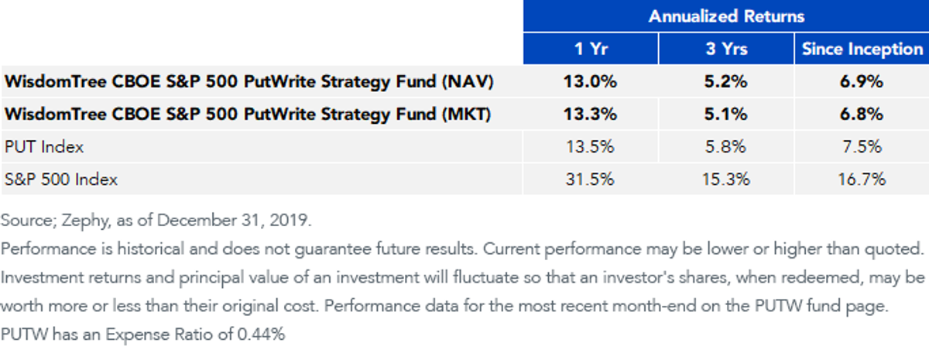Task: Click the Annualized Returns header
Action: click(726, 16)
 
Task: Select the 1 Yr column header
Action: click(591, 49)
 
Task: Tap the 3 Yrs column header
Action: click(726, 49)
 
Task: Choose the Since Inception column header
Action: click(862, 50)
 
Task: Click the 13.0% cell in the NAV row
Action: click(590, 81)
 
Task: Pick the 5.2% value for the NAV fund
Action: click(726, 81)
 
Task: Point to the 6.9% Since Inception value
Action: click(862, 81)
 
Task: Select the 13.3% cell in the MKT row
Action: click(590, 114)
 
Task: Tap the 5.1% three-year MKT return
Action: click(726, 114)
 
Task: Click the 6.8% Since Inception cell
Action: click(862, 114)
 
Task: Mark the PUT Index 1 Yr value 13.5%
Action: click(590, 147)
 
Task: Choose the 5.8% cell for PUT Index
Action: click(726, 147)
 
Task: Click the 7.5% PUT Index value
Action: click(862, 147)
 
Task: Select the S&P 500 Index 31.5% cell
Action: click(590, 179)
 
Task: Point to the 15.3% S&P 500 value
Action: click(726, 179)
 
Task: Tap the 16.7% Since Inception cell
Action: click(862, 179)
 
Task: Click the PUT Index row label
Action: click(44, 147)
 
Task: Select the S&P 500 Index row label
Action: click(61, 179)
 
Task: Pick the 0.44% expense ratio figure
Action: click(262, 334)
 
